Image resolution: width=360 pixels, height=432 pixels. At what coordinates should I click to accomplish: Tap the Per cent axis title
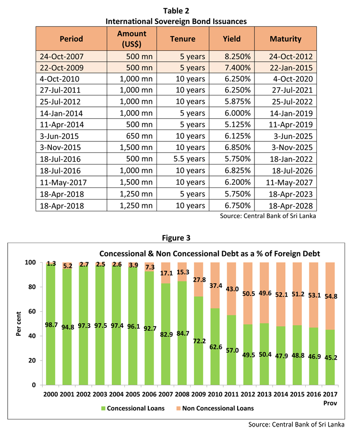click(x=19, y=324)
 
